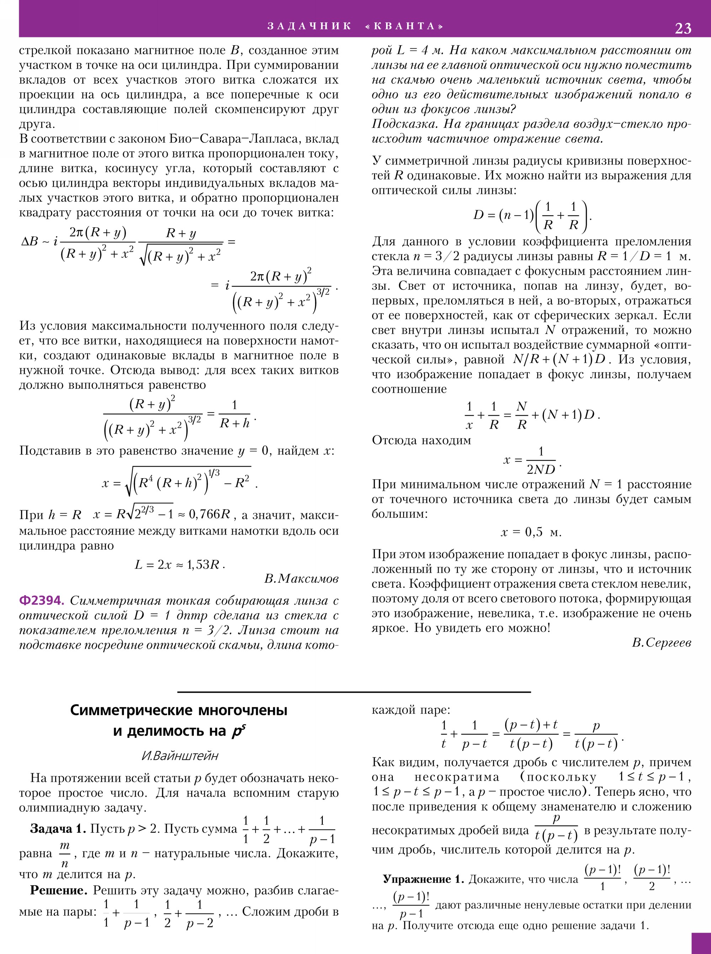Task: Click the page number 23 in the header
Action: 683,28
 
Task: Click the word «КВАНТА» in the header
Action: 404,26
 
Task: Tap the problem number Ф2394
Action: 42,600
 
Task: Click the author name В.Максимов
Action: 301,579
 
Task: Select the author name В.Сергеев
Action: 662,643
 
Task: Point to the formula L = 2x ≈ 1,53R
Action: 180,564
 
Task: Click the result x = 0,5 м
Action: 531,533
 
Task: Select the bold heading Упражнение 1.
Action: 423,879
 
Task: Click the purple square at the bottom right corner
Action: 701,943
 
